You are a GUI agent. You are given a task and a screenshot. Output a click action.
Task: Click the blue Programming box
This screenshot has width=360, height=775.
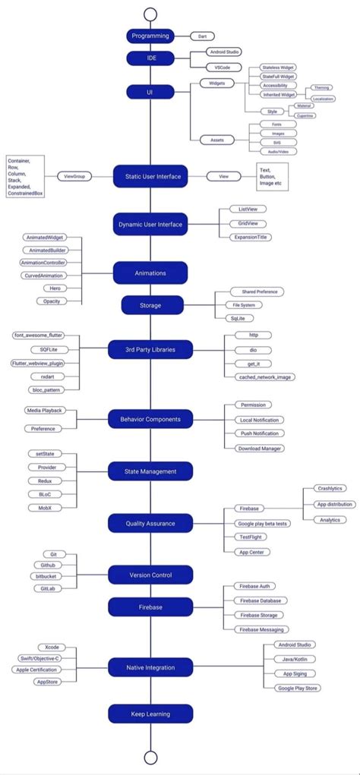(150, 36)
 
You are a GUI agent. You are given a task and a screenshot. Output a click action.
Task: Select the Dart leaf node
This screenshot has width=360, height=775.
(202, 36)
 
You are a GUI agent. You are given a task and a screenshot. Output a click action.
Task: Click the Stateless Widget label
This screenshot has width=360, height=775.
(278, 68)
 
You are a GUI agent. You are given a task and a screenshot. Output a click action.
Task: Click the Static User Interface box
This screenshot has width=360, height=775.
(150, 176)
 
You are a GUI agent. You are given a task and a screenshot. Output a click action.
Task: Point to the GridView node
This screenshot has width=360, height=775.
(251, 223)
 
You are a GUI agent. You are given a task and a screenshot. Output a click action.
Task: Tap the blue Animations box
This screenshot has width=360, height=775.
(150, 273)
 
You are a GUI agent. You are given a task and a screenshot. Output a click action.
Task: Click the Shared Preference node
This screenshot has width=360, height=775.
(248, 291)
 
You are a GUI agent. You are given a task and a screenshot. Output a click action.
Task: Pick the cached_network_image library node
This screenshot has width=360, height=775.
(254, 376)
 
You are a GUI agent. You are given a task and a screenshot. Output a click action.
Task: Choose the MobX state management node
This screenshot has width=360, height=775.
(45, 506)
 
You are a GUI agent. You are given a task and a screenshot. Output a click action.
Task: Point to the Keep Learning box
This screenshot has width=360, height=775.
(150, 714)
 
